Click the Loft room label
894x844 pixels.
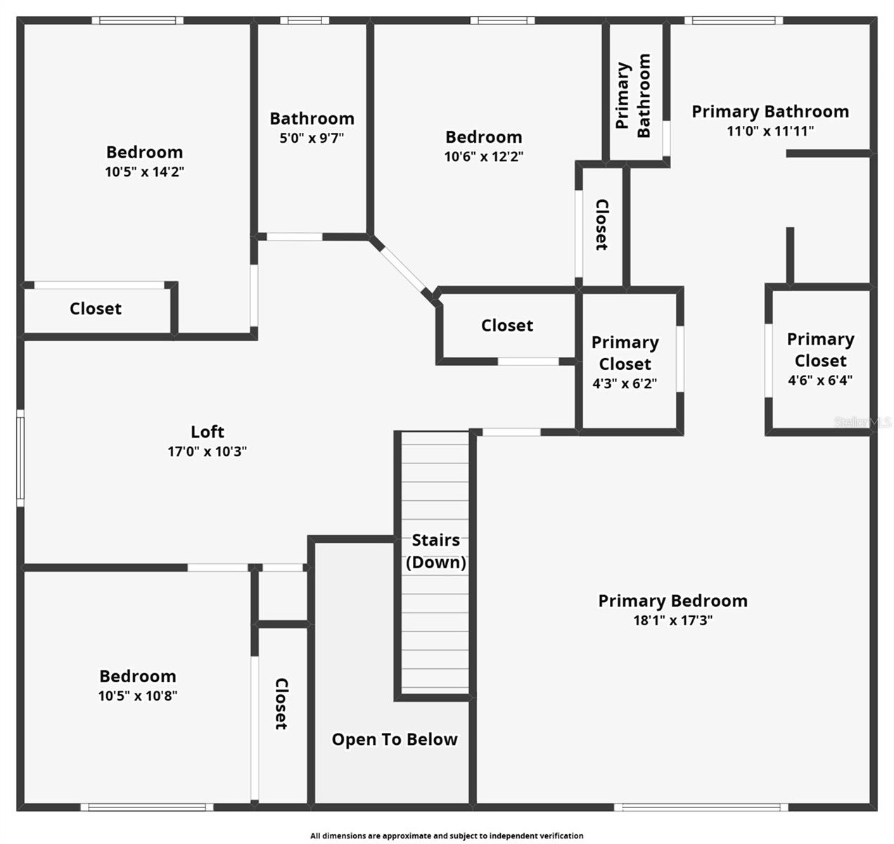207,432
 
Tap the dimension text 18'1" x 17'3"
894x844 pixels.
672,620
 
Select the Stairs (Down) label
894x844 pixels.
435,551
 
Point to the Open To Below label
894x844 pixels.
395,739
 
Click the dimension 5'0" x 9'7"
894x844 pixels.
312,138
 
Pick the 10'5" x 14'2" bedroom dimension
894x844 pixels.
144,171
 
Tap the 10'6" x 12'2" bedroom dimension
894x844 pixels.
483,156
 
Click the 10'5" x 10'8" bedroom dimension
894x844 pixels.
137,696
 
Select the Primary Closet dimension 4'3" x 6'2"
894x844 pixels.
625,384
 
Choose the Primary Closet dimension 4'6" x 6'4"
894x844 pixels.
820,381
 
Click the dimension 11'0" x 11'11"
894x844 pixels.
770,131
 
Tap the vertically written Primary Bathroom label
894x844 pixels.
633,96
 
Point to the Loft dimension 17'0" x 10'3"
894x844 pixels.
207,452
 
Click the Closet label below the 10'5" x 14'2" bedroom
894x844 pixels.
96,308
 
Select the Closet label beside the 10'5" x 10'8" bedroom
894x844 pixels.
281,703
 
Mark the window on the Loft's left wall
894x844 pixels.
20,459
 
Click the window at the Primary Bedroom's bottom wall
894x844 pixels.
701,807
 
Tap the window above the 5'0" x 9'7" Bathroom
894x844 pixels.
305,20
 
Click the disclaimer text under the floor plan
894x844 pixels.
447,836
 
